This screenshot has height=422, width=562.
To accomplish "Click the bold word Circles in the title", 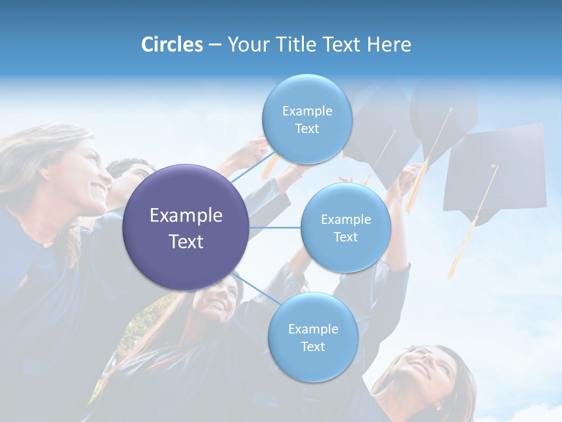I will click(x=172, y=45).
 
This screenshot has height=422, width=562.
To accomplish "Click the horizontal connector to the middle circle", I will click(x=275, y=227).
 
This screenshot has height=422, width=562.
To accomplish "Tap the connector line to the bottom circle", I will click(x=258, y=289).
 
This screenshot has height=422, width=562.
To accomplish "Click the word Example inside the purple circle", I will click(x=186, y=216).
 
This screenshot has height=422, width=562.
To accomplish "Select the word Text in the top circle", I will click(x=307, y=129).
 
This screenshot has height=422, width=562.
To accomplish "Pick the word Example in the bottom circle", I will click(x=313, y=329).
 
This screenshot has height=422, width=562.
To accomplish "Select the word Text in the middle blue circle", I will click(x=346, y=237).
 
